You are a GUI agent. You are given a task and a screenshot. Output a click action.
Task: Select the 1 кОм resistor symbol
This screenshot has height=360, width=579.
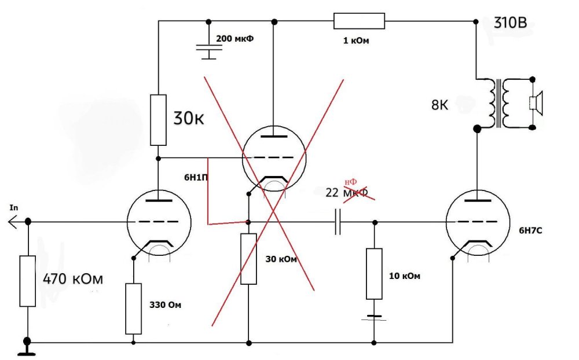coord(359,21)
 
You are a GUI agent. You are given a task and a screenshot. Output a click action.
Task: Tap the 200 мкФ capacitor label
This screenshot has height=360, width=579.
coord(235,39)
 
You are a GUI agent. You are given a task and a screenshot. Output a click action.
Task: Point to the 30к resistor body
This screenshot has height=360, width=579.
coord(158,120)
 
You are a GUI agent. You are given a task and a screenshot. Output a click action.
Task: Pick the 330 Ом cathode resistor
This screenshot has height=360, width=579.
coord(133,308)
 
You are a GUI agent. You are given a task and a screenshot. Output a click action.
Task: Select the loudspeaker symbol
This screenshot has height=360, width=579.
coord(536,103)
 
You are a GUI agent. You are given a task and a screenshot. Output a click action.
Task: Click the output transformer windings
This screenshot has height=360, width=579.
coord(499,104)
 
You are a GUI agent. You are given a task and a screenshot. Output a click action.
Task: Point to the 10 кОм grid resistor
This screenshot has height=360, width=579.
coord(374,273)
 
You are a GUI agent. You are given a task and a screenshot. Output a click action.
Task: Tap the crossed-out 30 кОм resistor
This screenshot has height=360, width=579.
coord(248,259)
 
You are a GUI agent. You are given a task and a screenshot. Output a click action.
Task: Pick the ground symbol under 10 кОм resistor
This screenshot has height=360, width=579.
coord(374,317)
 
